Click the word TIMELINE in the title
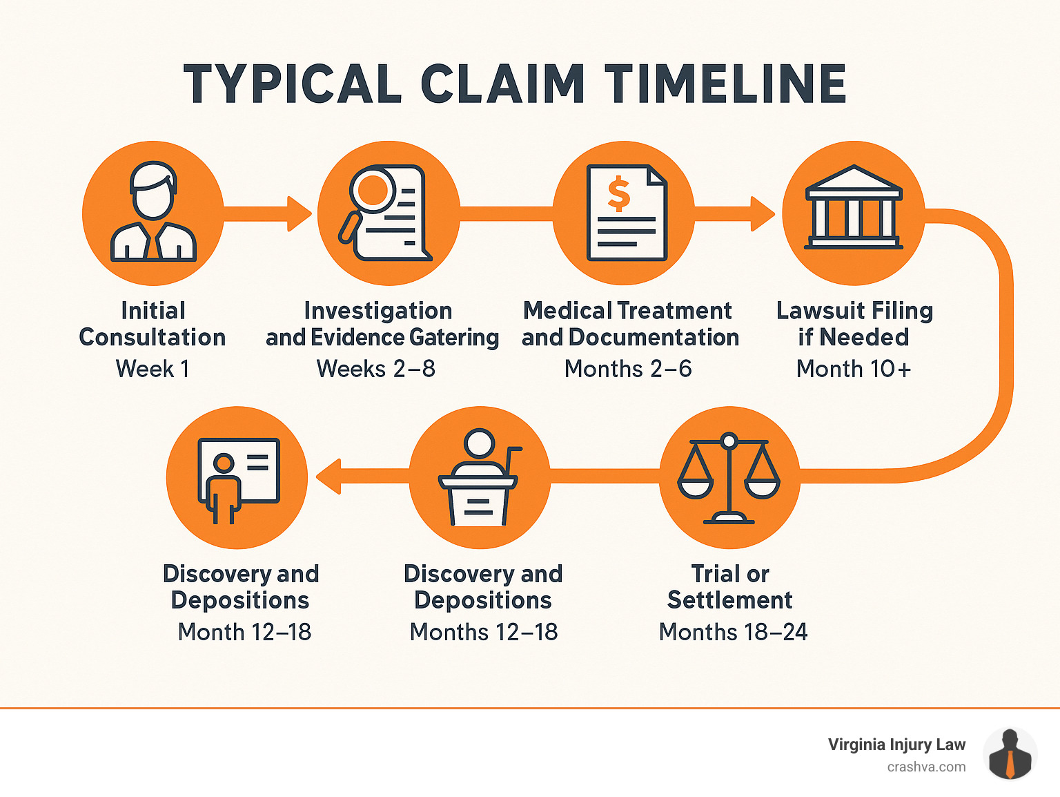(x=725, y=84)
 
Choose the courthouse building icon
(x=854, y=208)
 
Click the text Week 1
(x=153, y=369)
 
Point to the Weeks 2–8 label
(x=376, y=369)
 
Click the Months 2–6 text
(x=628, y=369)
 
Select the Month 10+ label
(x=854, y=369)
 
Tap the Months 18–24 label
(x=733, y=632)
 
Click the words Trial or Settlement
(x=730, y=587)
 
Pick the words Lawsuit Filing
(x=854, y=311)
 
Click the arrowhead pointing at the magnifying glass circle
(x=300, y=213)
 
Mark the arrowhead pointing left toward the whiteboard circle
(x=328, y=477)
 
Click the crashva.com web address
(x=926, y=767)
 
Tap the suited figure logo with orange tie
(x=1010, y=755)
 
